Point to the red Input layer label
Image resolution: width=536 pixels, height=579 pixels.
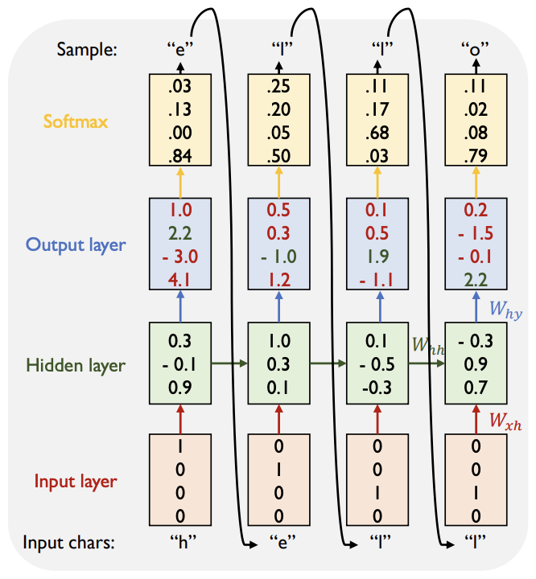pyautogui.click(x=76, y=482)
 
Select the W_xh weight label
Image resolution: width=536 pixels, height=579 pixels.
pyautogui.click(x=507, y=419)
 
